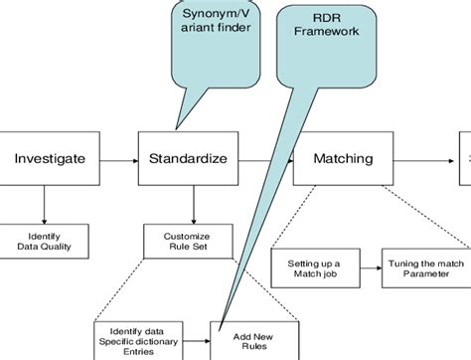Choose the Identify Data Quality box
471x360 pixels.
(x=43, y=240)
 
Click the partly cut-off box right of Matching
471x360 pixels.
(x=465, y=157)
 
